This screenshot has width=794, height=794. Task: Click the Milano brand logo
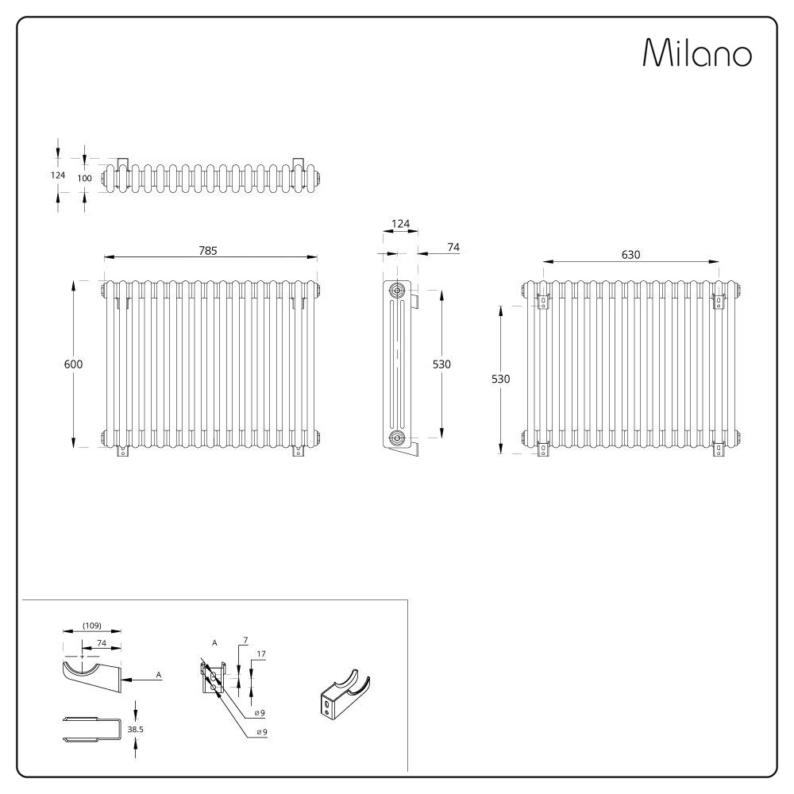[697, 52]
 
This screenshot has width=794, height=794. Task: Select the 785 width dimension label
[207, 251]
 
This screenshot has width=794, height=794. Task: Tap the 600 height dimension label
[73, 364]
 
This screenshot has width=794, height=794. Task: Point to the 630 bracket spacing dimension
[631, 255]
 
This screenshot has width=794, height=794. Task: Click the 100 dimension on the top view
[85, 178]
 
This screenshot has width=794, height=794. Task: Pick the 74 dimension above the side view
[453, 247]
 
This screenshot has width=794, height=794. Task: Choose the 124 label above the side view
[400, 223]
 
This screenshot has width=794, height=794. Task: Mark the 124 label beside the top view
[58, 175]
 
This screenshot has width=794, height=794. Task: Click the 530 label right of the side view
[441, 364]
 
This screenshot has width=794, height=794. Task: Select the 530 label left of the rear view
[501, 379]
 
